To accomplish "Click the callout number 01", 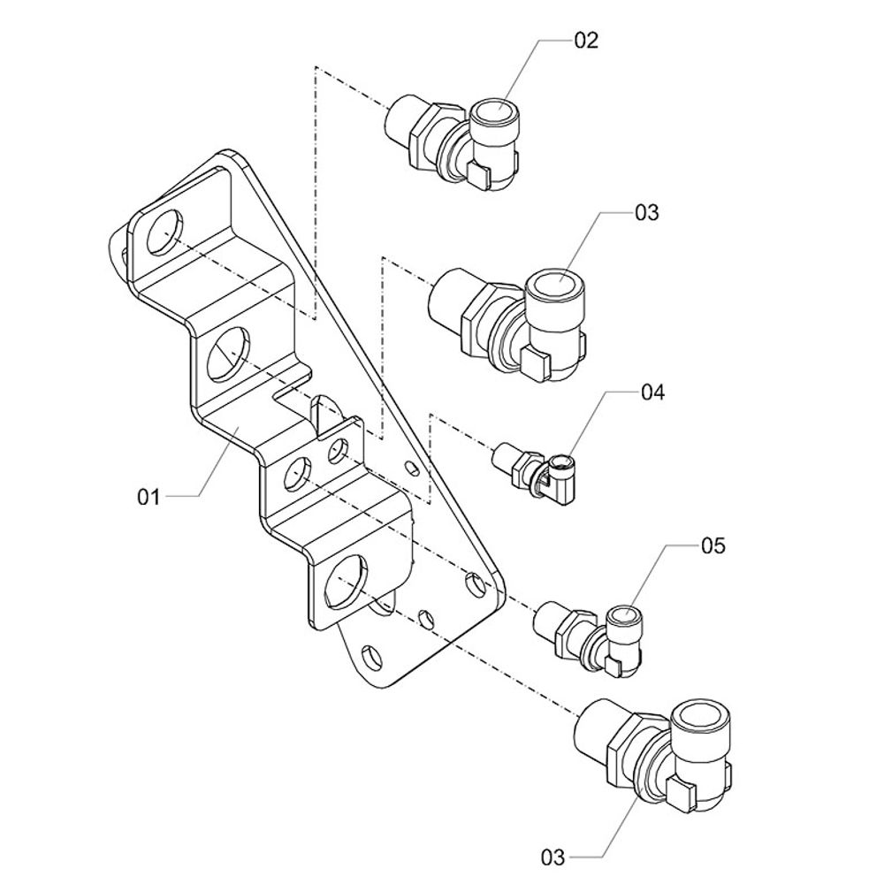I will tap(149, 497).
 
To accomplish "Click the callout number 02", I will tap(586, 41).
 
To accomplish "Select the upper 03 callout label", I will tap(647, 213).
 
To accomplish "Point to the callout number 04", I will tap(652, 392).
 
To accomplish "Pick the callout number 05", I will tap(713, 545).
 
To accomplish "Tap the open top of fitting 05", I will tap(626, 616).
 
